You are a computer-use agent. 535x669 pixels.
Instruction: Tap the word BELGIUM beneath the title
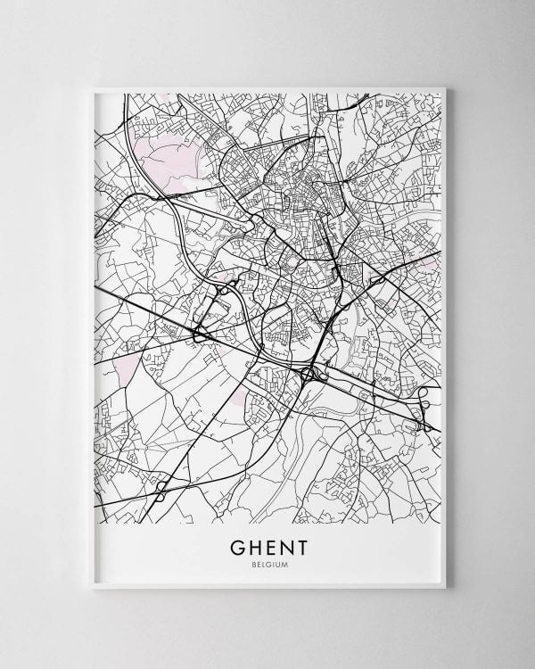pyautogui.click(x=267, y=564)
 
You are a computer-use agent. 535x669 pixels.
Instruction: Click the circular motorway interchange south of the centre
pyautogui.click(x=311, y=376)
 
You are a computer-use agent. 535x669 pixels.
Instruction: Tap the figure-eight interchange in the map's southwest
pyautogui.click(x=161, y=488)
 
